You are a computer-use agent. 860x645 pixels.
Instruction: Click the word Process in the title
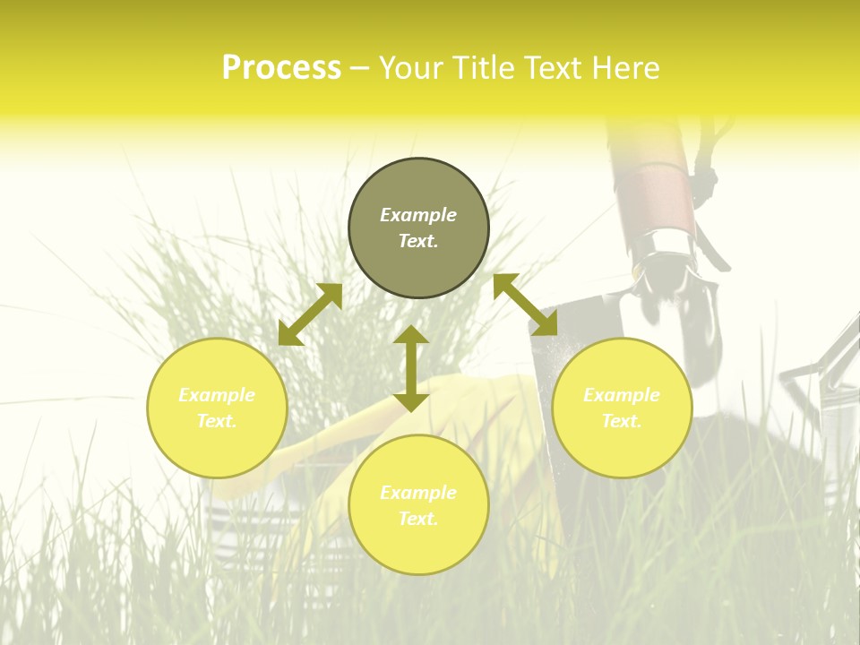tap(281, 68)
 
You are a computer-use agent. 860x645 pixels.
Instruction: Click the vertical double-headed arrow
tap(411, 368)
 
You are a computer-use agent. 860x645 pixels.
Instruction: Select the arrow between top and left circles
tap(310, 314)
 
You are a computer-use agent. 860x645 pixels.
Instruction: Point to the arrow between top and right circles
tap(526, 305)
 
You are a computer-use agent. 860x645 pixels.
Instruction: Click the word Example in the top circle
tap(418, 215)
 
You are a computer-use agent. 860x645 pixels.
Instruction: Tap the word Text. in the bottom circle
tap(418, 519)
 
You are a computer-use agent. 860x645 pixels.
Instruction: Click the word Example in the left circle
tap(217, 395)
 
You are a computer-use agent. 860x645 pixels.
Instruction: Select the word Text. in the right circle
tap(622, 421)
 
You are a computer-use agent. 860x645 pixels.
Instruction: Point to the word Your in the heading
tap(408, 68)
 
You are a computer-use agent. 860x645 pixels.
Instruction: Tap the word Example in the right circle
tap(622, 395)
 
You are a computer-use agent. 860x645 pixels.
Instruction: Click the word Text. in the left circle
tap(217, 421)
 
